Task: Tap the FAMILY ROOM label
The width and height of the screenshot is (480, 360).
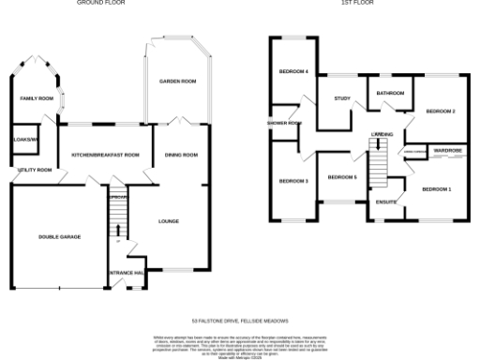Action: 37,97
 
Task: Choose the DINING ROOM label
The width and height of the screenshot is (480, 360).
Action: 181,155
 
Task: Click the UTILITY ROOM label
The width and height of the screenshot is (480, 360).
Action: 34,170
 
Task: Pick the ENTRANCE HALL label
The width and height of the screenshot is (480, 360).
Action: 127,273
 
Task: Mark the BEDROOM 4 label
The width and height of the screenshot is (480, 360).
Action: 293,72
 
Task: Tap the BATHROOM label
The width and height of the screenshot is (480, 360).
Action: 390,94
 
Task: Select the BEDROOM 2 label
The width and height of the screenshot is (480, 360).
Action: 440,112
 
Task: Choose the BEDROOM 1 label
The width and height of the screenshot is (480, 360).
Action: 436,190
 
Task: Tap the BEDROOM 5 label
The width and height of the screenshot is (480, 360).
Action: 342,177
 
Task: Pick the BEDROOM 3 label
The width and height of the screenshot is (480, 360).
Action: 293,181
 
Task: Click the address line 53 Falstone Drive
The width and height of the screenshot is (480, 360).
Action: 239,320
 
